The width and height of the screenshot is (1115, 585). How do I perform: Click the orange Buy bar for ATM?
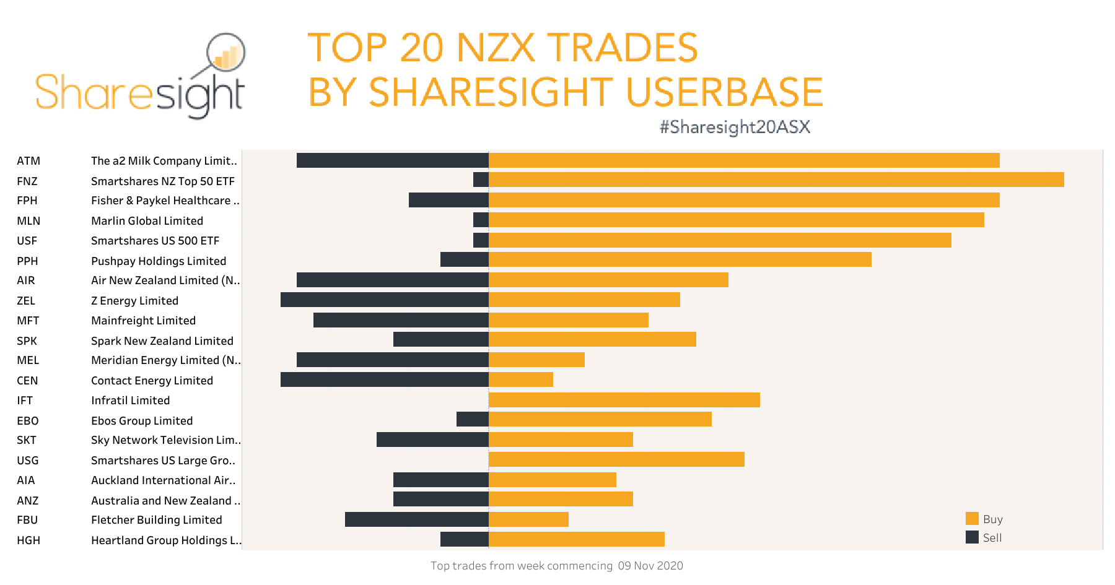point(743,160)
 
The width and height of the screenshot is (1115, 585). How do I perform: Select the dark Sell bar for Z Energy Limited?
point(384,300)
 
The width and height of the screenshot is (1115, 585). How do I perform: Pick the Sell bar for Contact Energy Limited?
point(384,379)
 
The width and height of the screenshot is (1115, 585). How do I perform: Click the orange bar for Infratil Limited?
point(624,400)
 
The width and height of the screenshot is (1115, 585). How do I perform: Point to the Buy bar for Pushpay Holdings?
point(680,259)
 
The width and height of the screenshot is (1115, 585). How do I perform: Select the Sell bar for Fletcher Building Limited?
point(416,519)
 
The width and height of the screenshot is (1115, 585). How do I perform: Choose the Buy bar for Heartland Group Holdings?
point(576,539)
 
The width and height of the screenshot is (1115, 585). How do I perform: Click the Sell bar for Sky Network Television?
point(432,440)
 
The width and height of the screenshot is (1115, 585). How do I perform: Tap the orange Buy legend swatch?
point(972,519)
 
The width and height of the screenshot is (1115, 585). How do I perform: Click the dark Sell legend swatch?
point(972,537)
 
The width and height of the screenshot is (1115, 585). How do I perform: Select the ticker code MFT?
point(28,321)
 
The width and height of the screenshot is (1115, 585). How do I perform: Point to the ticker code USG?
point(28,461)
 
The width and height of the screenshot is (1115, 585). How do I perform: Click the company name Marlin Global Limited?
point(147,221)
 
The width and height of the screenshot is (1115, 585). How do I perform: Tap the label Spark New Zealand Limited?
point(162,341)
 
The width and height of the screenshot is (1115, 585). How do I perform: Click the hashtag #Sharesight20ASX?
point(735,127)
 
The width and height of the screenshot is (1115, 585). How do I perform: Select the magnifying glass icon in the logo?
point(225,53)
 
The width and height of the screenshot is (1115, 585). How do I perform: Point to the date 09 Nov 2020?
point(650,566)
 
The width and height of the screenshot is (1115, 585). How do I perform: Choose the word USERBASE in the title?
point(724,92)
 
